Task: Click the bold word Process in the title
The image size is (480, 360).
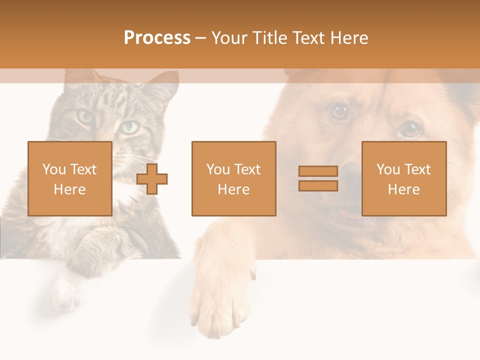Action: pyautogui.click(x=157, y=38)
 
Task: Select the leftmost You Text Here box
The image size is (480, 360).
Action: pyautogui.click(x=70, y=178)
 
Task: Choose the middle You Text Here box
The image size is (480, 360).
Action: pyautogui.click(x=233, y=178)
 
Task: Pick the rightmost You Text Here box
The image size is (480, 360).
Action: pyautogui.click(x=404, y=178)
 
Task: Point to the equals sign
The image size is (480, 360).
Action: pyautogui.click(x=318, y=178)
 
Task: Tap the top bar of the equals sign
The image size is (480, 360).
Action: pyautogui.click(x=318, y=171)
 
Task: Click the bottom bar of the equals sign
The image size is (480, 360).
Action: pyautogui.click(x=318, y=185)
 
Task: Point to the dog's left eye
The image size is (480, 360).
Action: pyautogui.click(x=340, y=111)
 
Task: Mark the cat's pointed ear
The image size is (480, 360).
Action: pyautogui.click(x=167, y=83)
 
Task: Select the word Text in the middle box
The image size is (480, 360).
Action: pyautogui.click(x=247, y=169)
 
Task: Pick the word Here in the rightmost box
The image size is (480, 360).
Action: pyautogui.click(x=404, y=189)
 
